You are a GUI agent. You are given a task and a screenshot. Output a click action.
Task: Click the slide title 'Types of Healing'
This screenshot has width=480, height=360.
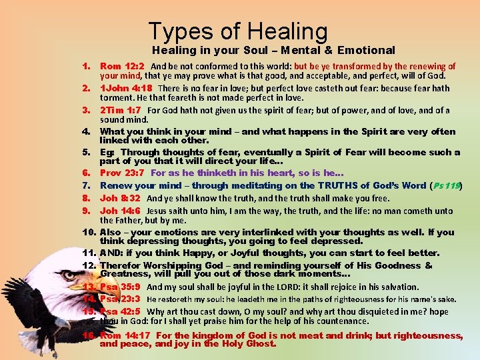(x=238, y=31)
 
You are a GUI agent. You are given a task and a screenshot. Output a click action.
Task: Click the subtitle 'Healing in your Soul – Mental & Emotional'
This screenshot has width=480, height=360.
(x=273, y=50)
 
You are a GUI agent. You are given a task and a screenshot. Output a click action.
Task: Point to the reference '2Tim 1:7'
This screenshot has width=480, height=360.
(x=121, y=110)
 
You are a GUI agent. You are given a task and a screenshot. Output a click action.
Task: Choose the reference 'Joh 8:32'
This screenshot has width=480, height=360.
(x=120, y=198)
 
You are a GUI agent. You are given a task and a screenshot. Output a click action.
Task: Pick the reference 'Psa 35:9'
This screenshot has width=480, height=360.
(x=120, y=287)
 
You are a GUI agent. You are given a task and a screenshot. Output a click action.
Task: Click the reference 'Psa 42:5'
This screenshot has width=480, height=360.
(x=120, y=311)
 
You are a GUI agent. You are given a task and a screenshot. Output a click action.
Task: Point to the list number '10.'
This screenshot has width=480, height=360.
(x=90, y=232)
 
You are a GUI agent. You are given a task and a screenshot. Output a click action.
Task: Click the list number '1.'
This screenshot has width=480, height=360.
(x=87, y=67)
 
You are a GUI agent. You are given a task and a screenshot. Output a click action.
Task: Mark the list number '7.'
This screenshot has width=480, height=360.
(x=87, y=185)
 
